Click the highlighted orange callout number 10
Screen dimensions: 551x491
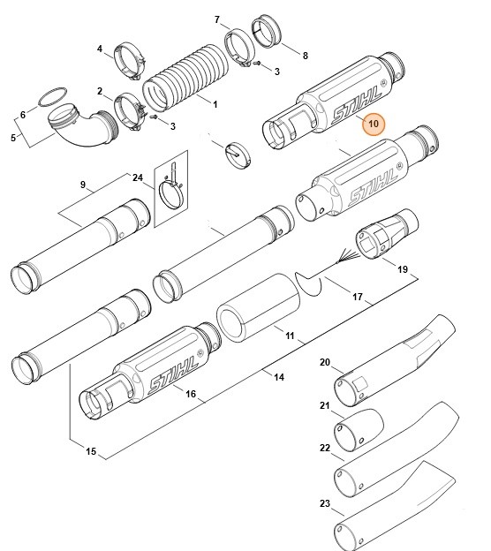374,124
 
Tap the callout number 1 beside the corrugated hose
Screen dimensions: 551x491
215,104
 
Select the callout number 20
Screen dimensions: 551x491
325,363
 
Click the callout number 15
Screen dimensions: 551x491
91,452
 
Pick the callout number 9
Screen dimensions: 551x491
82,185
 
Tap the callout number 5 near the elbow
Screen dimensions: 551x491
11,137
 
